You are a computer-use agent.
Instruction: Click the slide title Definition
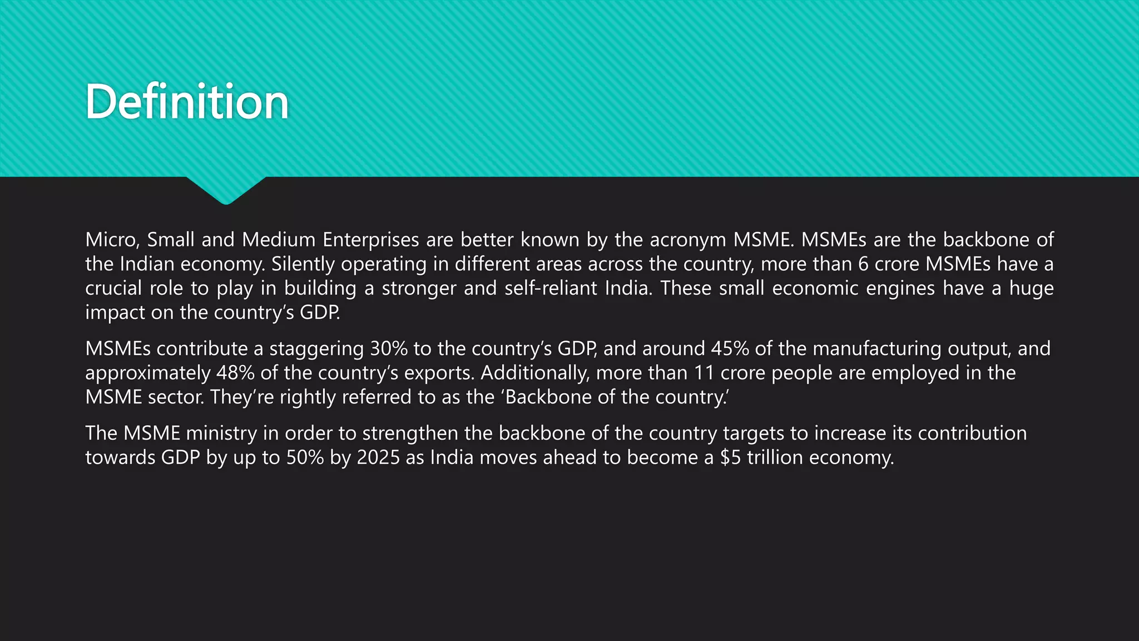tap(187, 102)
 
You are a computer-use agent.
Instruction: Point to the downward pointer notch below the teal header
tap(226, 190)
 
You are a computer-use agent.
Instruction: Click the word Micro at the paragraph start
tap(112, 240)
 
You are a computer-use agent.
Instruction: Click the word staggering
tap(316, 349)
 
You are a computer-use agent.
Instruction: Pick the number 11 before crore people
tap(704, 373)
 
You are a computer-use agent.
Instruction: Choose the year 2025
tap(378, 457)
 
